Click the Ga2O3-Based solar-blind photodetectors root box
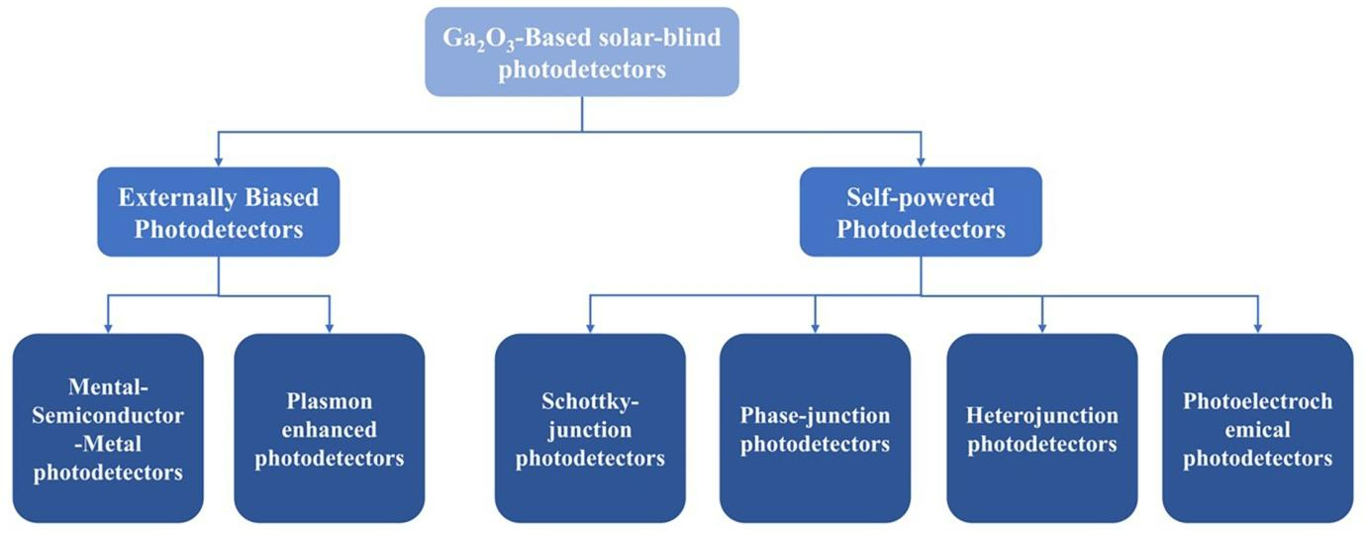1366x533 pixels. point(582,52)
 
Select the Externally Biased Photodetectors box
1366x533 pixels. point(218,212)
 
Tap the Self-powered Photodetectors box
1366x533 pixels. point(921,212)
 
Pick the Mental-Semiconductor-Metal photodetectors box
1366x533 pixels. point(108,427)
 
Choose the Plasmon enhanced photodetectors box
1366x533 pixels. point(330,427)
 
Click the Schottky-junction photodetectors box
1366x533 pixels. point(590,427)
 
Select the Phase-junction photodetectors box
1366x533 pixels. point(815,427)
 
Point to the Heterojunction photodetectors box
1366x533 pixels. point(1042,427)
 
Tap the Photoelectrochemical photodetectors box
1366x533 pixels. point(1257,427)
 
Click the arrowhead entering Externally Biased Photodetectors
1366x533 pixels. point(218,160)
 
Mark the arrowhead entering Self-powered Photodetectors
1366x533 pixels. point(921,160)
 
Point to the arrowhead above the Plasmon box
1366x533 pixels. point(330,327)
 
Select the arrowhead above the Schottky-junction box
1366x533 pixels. point(590,327)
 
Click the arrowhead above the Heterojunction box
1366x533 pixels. point(1042,327)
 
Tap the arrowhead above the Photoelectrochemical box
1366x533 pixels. point(1257,327)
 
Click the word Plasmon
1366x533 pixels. point(330,402)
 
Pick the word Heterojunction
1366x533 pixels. point(1042,415)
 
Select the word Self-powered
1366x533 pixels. point(921,197)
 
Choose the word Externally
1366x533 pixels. point(173,197)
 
